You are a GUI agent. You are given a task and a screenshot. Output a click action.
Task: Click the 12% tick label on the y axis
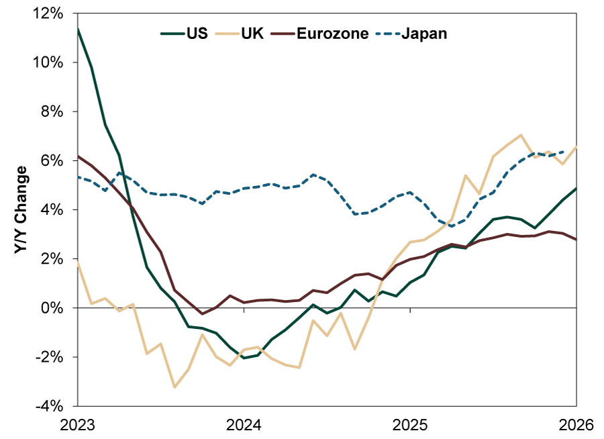pos(50,13)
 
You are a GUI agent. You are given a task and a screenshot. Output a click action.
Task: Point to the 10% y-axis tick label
pos(50,62)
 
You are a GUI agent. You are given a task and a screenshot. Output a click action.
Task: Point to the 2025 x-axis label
pos(411,425)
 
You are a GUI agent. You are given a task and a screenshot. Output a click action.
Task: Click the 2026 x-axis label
pos(576,425)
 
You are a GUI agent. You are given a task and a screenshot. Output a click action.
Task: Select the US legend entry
pos(184,33)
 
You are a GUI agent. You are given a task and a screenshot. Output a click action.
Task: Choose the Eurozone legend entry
pos(325,33)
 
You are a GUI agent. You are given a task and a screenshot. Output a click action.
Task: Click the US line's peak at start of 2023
pos(78,29)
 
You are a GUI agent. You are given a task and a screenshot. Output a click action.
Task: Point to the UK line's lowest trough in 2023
pos(174,387)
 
